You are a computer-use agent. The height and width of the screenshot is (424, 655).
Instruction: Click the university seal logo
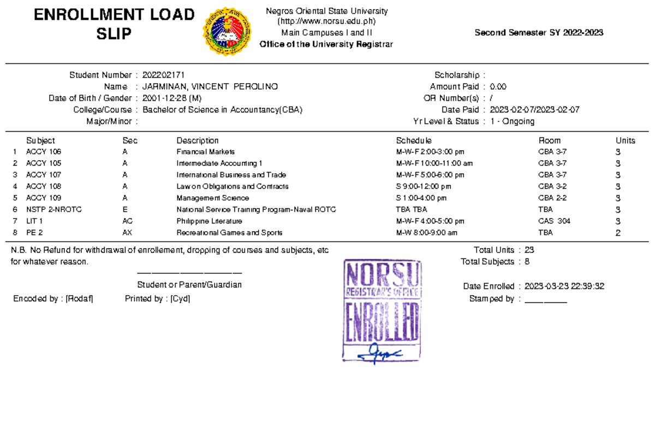click(x=228, y=32)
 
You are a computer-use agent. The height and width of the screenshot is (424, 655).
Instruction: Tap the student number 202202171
click(x=167, y=75)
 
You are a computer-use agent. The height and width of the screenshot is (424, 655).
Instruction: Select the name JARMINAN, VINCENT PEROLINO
click(x=210, y=87)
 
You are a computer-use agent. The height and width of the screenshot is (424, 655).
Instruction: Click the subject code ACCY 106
click(x=44, y=152)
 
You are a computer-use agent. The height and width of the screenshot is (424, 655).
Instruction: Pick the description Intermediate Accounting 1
click(x=219, y=163)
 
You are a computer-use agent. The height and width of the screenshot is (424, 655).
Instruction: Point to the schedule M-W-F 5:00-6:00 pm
click(x=430, y=175)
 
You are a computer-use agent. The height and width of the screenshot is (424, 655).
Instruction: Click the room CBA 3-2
click(x=552, y=186)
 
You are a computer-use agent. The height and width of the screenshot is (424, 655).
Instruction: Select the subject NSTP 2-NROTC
click(x=54, y=210)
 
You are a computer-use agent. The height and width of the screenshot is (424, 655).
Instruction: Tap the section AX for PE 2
click(x=127, y=233)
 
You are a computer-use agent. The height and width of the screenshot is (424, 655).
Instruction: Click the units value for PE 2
click(x=618, y=233)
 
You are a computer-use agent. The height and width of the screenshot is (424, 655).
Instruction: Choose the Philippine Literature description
click(x=209, y=221)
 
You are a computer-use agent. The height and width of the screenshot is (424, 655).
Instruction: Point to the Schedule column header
click(x=414, y=140)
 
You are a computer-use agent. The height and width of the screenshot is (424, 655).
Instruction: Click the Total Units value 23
click(x=529, y=250)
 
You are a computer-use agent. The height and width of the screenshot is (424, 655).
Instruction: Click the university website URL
click(x=326, y=22)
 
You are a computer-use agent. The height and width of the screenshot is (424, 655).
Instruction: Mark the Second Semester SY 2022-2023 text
click(x=539, y=33)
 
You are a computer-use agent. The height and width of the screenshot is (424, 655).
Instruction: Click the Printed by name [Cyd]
click(x=180, y=299)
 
